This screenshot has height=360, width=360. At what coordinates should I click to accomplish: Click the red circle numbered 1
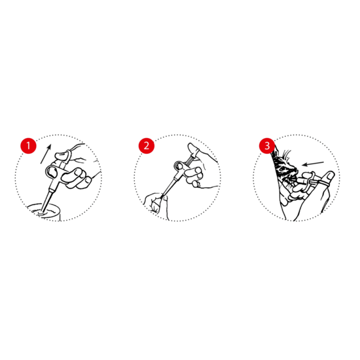tap(28, 145)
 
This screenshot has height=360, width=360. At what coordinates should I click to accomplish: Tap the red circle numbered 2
tap(147, 145)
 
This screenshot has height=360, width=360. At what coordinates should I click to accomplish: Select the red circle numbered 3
tap(267, 145)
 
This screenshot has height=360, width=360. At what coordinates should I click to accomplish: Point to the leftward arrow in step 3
tap(313, 164)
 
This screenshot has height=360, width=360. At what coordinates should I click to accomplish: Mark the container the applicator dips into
tap(44, 212)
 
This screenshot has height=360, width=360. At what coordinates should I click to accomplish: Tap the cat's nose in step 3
tap(295, 170)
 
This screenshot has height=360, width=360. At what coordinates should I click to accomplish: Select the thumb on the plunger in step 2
tap(192, 149)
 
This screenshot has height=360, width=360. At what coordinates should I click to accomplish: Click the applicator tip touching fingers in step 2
tap(162, 196)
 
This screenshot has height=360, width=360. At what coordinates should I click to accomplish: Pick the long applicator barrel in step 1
tap(48, 198)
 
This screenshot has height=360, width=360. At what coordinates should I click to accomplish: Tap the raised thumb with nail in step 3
tap(327, 178)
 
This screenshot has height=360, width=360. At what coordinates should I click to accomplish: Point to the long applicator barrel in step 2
tap(170, 185)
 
